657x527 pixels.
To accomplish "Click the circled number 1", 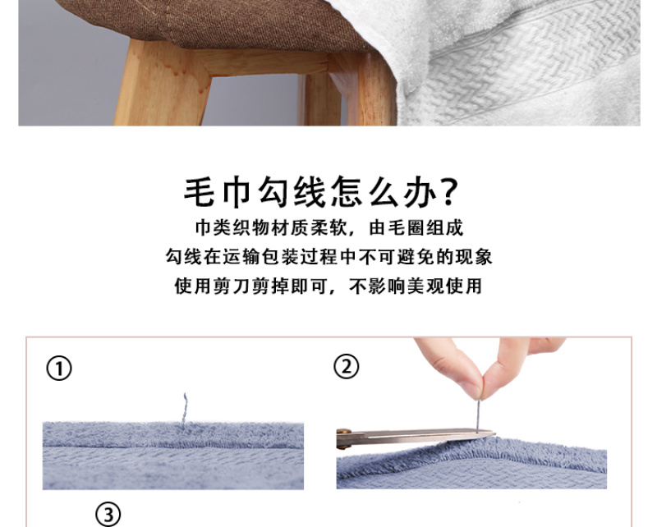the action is (x=59, y=369).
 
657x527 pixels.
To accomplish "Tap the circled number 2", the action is (x=346, y=367).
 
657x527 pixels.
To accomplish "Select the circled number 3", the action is (x=108, y=515).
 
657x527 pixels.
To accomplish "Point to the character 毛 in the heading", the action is (x=200, y=192).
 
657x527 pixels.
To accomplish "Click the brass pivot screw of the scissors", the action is (x=343, y=431).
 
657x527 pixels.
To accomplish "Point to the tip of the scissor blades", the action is (x=494, y=433).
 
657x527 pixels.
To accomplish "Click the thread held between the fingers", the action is (x=478, y=415).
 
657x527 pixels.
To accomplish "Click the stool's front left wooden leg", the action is (x=161, y=83).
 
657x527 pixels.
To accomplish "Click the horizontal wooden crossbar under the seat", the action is (x=269, y=63).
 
